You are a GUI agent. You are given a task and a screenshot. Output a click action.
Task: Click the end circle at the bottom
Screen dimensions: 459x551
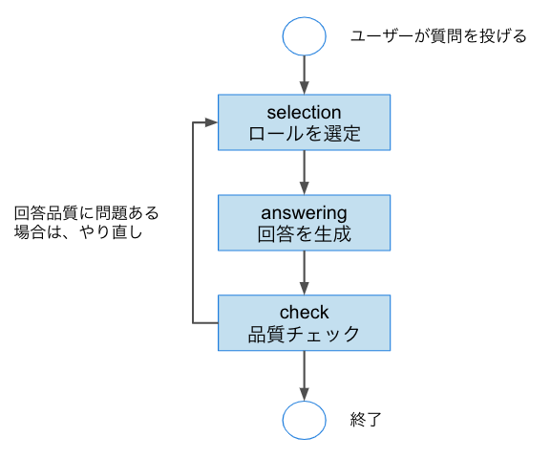coord(304,420)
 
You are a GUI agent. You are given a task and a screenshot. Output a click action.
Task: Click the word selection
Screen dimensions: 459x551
coord(304,112)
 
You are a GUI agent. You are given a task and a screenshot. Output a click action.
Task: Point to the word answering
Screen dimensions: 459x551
coord(304,211)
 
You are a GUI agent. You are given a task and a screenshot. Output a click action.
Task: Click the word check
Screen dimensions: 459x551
coord(304,312)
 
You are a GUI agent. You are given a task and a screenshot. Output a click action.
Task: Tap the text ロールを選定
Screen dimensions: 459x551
coord(304,134)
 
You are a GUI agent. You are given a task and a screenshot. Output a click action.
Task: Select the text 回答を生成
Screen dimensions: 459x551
coord(304,234)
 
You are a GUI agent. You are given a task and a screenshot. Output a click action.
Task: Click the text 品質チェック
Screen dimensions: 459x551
coord(304,335)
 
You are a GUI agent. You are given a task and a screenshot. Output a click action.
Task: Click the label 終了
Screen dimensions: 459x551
coord(367,420)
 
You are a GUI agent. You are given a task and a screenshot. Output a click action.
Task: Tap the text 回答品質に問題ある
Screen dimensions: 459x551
coord(86,211)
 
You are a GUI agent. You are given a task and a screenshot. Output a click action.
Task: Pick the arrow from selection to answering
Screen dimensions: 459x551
coord(304,172)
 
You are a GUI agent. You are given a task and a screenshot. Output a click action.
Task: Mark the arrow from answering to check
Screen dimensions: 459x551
coord(304,273)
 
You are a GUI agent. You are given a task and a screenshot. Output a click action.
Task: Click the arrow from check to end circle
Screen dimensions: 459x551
coord(304,373)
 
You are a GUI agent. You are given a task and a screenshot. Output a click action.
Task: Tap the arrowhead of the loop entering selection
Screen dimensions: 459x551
coord(212,122)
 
